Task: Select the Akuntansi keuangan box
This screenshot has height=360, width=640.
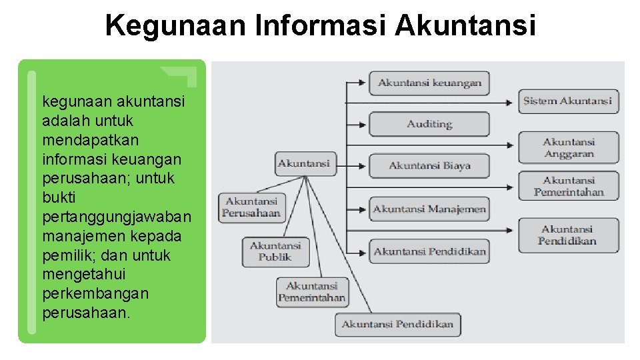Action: [429, 83]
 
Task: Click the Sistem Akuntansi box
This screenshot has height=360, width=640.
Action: [567, 101]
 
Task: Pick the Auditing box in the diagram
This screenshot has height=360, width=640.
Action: [429, 125]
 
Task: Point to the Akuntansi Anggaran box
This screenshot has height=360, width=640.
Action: [569, 147]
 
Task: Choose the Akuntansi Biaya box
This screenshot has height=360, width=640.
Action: [429, 166]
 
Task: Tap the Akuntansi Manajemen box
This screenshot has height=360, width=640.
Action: [429, 209]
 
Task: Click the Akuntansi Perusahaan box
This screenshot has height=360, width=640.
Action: [251, 207]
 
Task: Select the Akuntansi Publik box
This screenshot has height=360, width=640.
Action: [275, 251]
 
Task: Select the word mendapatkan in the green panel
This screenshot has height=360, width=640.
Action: [81, 141]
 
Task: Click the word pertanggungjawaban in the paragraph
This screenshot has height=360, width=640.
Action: [117, 217]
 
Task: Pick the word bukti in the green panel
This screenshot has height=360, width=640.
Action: [58, 198]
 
